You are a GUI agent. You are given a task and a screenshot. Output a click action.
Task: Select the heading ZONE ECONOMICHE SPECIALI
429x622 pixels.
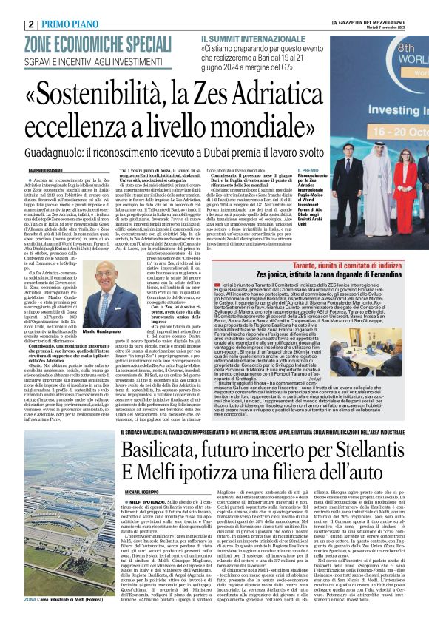[98, 41]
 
